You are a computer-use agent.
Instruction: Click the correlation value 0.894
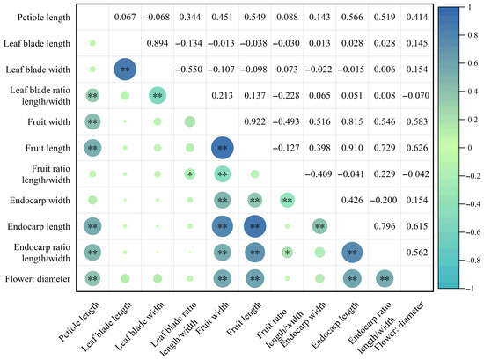coord(158,43)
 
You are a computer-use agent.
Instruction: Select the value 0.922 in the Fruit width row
coord(254,121)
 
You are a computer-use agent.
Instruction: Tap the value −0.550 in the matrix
coord(189,70)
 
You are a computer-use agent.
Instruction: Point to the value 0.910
coord(352,148)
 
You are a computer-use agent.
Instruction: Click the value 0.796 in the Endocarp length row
coord(385,226)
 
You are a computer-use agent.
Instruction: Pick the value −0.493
coord(286,121)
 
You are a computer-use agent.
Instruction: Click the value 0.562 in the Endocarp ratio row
coord(417,253)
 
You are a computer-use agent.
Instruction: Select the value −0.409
coord(319,174)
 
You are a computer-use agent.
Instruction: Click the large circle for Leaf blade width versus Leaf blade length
coord(125,70)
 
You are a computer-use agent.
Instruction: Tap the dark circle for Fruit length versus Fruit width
coord(223,148)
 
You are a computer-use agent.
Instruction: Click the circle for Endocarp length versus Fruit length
coord(255,226)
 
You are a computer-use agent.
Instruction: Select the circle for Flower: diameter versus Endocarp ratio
coord(385,279)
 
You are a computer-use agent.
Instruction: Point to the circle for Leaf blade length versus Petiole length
coord(92,43)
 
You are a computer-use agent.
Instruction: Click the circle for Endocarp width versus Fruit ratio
coord(288,200)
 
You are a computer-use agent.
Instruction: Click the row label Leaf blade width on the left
coord(38,70)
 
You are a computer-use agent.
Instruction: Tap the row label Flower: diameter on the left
coord(38,279)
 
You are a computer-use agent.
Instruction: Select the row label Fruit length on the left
coord(48,148)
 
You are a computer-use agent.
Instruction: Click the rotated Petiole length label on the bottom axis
coord(79,322)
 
